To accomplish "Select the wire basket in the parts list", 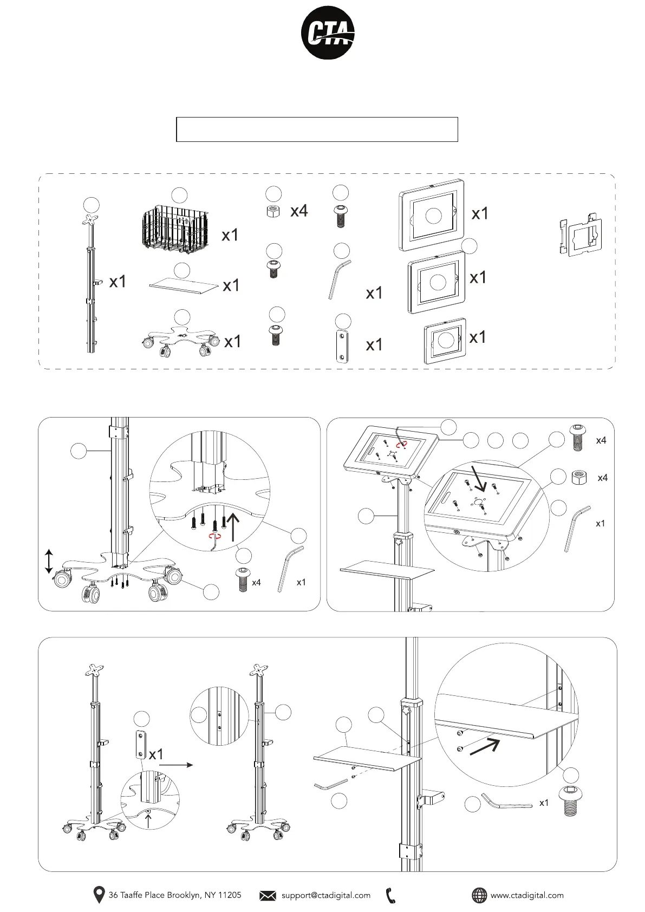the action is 174,230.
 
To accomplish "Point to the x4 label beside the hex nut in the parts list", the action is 299,211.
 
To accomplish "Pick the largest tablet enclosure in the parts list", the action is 432,214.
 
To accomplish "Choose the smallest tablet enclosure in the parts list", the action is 445,341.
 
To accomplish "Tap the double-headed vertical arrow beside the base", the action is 49,561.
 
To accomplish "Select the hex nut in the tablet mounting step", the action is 579,478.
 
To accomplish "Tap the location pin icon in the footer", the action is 99,895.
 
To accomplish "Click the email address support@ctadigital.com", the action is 325,895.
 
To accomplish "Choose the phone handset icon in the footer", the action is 391,895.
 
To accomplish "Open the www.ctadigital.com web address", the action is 526,895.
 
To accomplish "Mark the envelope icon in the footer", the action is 268,895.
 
